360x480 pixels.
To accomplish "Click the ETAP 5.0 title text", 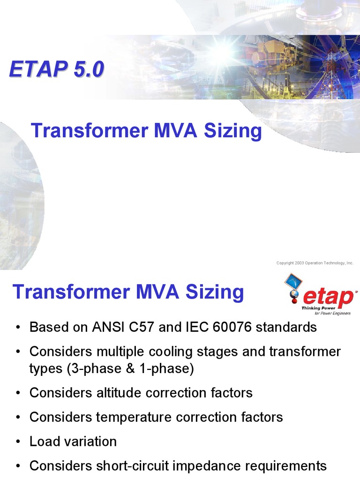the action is pyautogui.click(x=57, y=69).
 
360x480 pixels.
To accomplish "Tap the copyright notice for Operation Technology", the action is pyautogui.click(x=315, y=263).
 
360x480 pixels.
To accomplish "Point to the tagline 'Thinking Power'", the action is pyautogui.click(x=318, y=308).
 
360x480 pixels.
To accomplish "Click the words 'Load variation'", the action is pyautogui.click(x=73, y=442).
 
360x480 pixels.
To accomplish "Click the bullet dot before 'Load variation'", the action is pyautogui.click(x=18, y=442).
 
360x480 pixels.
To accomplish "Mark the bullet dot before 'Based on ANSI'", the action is pyautogui.click(x=18, y=328).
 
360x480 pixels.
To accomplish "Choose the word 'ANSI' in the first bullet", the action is pyautogui.click(x=108, y=327).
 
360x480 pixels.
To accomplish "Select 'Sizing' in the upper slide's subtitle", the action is pyautogui.click(x=232, y=131).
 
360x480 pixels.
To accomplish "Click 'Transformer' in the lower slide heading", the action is pyautogui.click(x=72, y=292).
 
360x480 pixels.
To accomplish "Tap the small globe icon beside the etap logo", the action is pyautogui.click(x=294, y=293).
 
